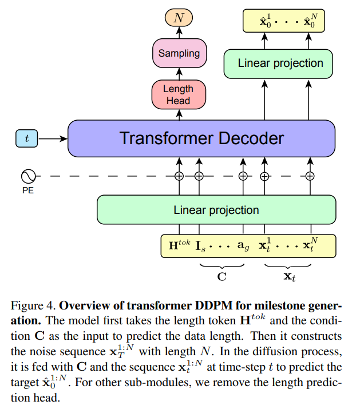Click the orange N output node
click(179, 18)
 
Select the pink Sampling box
click(179, 53)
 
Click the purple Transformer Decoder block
click(201, 138)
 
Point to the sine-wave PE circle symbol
click(27, 176)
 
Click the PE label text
click(27, 190)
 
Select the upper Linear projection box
click(280, 63)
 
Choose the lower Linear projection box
click(216, 210)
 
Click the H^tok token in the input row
click(179, 245)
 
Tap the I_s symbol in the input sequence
click(201, 245)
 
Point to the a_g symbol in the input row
click(243, 245)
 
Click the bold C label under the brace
click(222, 275)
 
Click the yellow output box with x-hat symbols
click(287, 22)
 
